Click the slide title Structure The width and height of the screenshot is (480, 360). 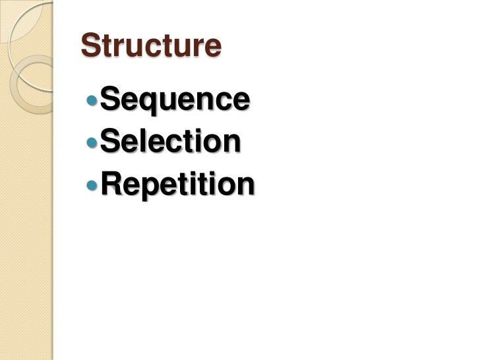click(150, 45)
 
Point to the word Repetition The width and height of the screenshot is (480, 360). click(177, 184)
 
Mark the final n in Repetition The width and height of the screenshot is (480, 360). click(243, 186)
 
